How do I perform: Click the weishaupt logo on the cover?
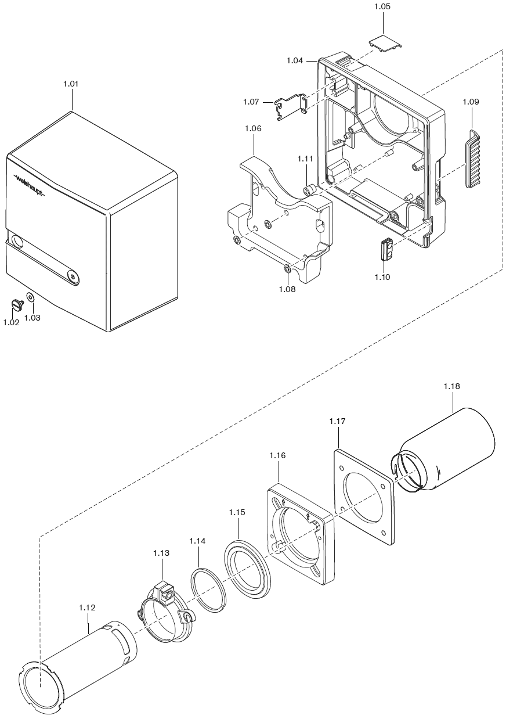[x=29, y=186]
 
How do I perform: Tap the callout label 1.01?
[x=71, y=84]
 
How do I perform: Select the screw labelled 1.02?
[x=17, y=304]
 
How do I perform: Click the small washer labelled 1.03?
[x=31, y=297]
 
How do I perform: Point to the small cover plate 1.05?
[x=385, y=44]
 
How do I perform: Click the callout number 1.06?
[x=253, y=129]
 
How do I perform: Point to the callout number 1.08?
[x=287, y=289]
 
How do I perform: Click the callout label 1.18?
[x=452, y=386]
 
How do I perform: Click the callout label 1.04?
[x=295, y=60]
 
